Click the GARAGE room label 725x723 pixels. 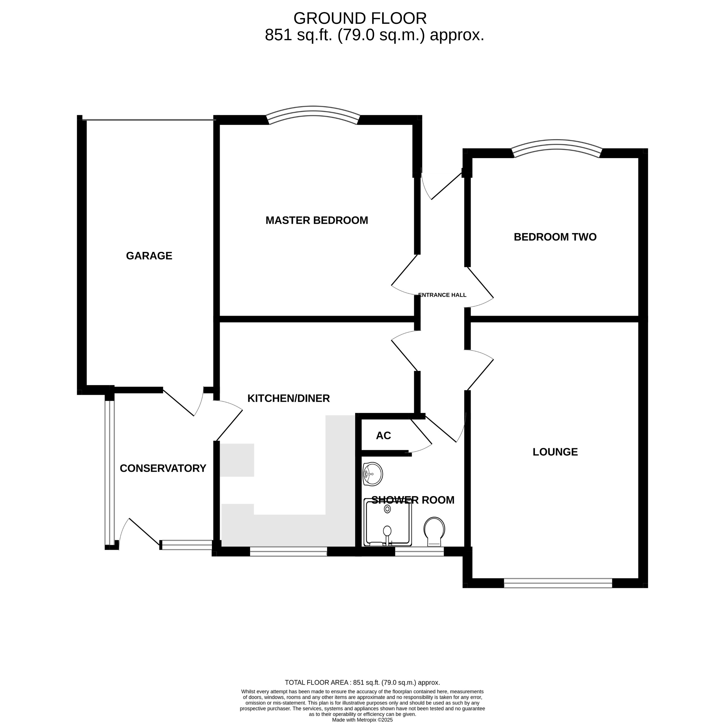pos(149,256)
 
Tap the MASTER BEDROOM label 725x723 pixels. pos(317,220)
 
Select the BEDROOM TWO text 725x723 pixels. pos(555,237)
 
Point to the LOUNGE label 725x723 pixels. pos(555,452)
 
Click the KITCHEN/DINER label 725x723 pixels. pos(288,398)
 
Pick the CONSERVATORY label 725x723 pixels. pos(163,469)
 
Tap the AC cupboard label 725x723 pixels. pos(383,436)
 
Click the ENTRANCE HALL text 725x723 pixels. pos(442,295)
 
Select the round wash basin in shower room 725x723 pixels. pos(373,474)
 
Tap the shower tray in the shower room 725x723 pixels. pos(388,522)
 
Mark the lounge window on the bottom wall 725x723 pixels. pos(558,583)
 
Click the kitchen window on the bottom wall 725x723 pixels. pos(288,551)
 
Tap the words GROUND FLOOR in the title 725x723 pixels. pos(360,18)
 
